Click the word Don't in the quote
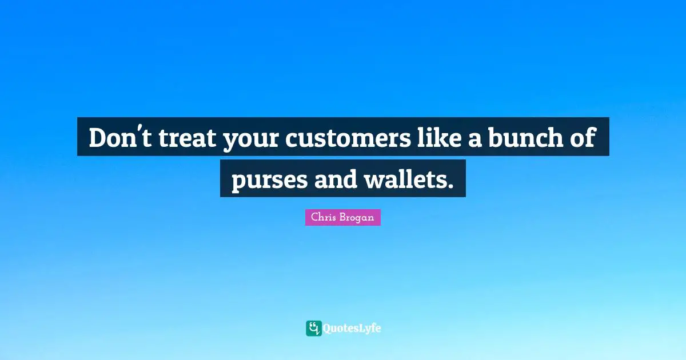[119, 138]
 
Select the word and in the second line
[335, 179]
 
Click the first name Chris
[323, 218]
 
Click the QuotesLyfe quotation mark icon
[313, 328]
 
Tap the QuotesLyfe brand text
[352, 329]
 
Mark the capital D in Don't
[98, 138]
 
